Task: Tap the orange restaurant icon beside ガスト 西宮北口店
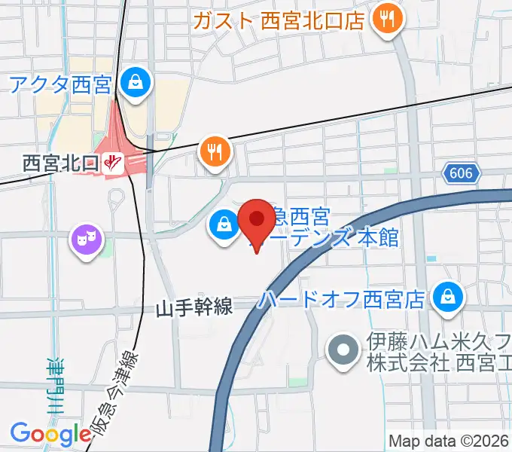(x=388, y=20)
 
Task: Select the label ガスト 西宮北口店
(x=279, y=20)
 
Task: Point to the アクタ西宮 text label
(x=60, y=84)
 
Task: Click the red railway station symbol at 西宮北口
(x=114, y=162)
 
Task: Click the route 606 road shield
(x=460, y=174)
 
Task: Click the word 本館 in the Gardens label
(x=378, y=239)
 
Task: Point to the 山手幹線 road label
(x=195, y=307)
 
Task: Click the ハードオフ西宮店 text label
(x=343, y=300)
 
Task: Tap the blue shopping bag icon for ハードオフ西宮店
(x=448, y=297)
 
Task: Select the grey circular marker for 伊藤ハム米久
(x=343, y=350)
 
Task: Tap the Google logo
(x=50, y=435)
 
